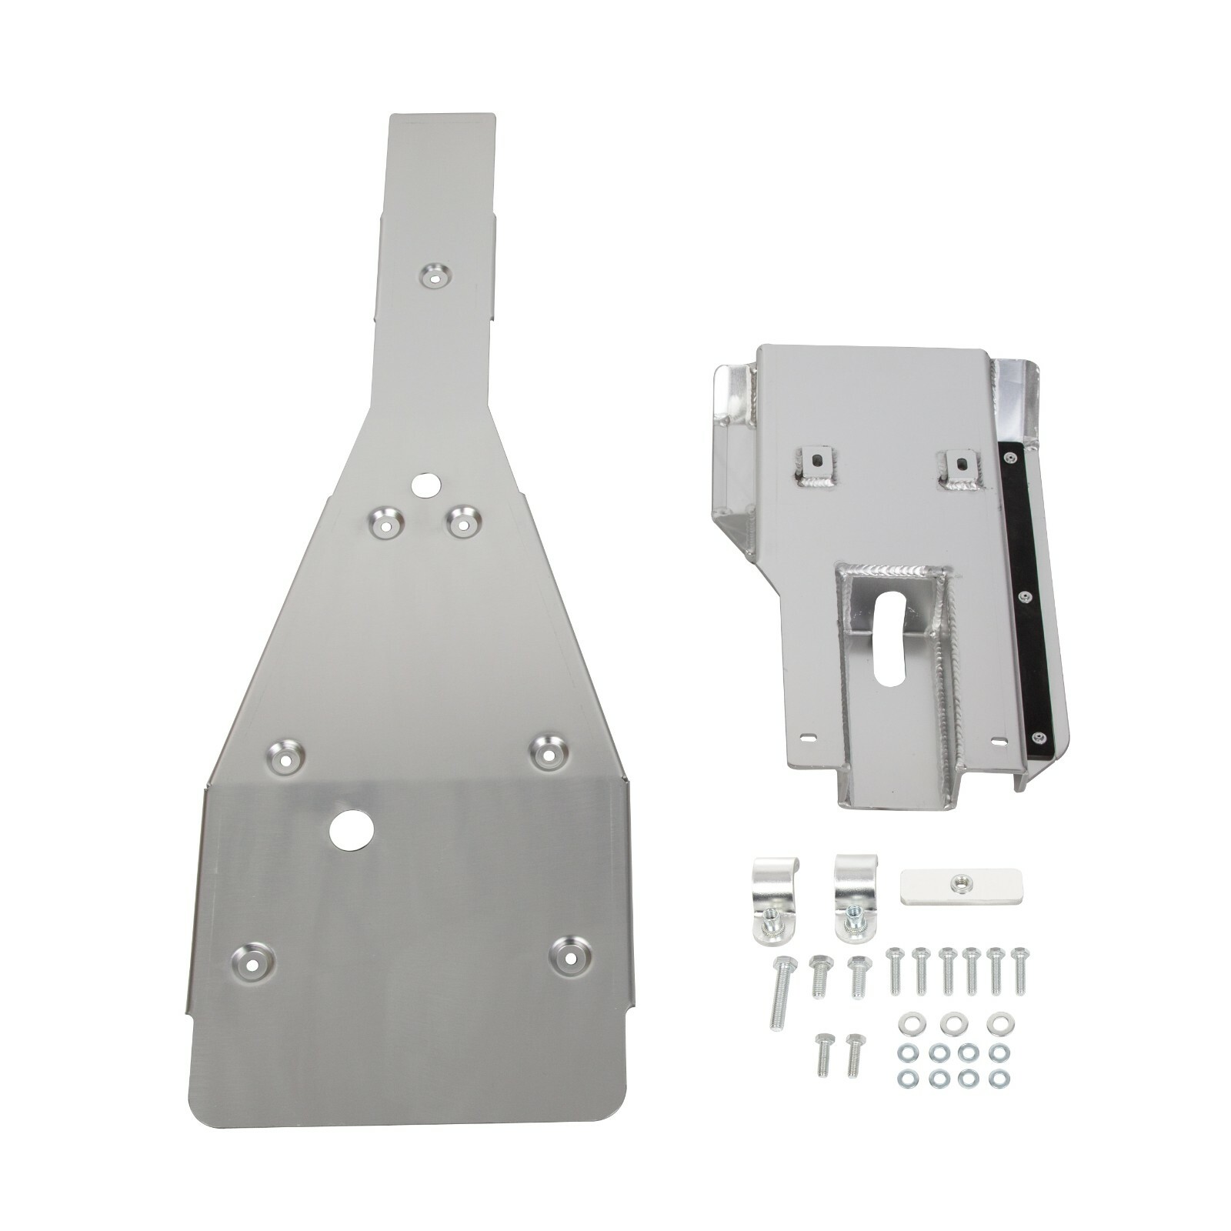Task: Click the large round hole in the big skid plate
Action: [x=352, y=829]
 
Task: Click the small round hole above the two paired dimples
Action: [x=424, y=485]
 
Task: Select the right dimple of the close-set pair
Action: [x=462, y=521]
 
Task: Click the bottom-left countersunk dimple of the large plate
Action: [x=252, y=959]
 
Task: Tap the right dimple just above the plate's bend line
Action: [x=549, y=753]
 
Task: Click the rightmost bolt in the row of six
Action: [x=1021, y=969]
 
